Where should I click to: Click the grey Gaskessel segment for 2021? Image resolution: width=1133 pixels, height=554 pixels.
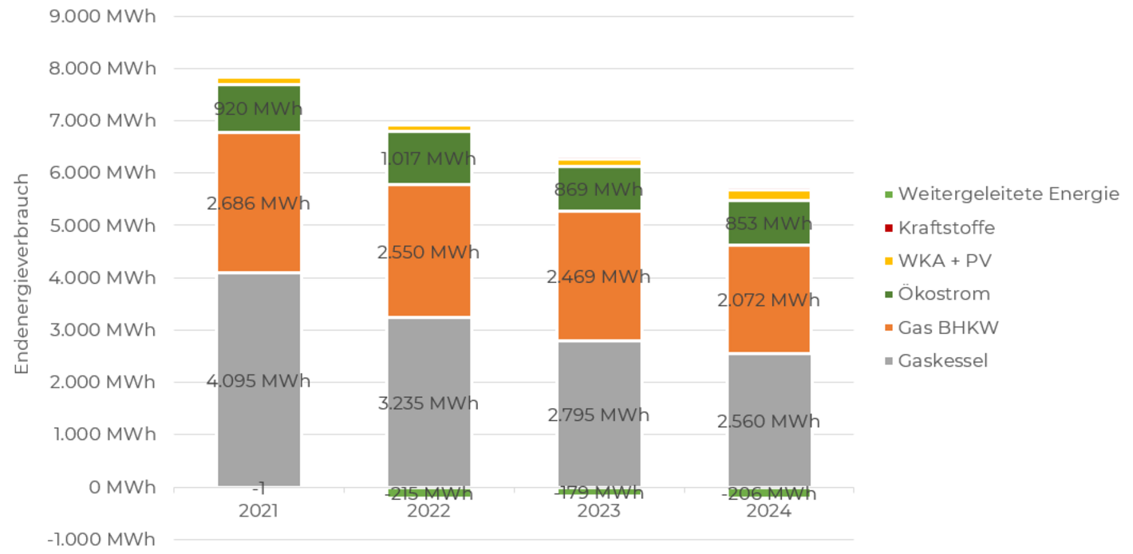click(259, 335)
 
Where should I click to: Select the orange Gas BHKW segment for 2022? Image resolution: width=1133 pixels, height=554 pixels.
click(428, 223)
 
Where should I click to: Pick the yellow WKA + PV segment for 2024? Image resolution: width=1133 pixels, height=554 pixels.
click(768, 195)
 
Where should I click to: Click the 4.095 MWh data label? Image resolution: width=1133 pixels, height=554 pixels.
click(259, 381)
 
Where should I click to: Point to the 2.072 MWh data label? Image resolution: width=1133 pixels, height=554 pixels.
click(768, 301)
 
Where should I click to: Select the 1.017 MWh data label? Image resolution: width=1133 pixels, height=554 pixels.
click(428, 159)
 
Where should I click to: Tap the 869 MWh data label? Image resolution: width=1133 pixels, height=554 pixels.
click(598, 190)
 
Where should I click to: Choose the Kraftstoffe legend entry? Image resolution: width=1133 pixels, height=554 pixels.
click(946, 228)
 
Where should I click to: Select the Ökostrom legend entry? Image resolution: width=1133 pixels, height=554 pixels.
click(944, 294)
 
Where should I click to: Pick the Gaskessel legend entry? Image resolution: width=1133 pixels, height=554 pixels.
click(942, 361)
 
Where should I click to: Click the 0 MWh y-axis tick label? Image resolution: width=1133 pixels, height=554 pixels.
click(121, 487)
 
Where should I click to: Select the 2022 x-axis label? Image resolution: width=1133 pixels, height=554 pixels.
click(428, 511)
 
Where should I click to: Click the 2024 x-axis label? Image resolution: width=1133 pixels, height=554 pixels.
click(768, 511)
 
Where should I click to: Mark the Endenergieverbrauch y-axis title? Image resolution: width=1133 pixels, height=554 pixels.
click(22, 273)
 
